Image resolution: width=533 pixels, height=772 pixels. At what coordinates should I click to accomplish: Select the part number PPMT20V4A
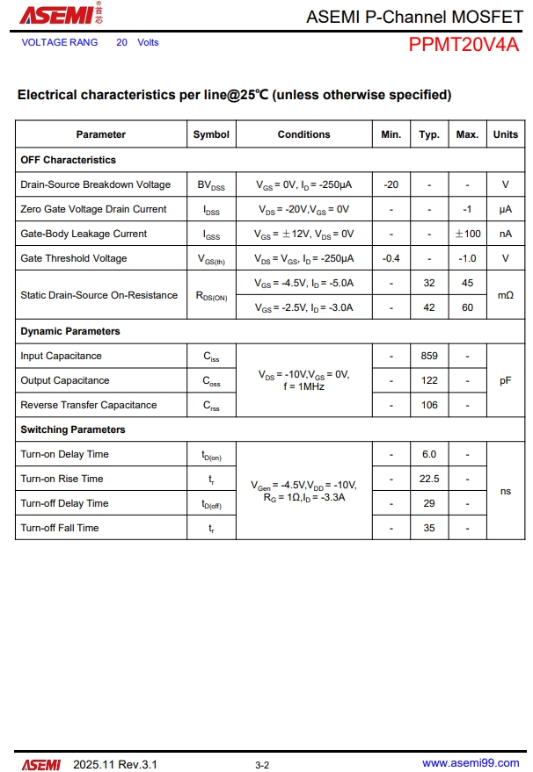click(463, 45)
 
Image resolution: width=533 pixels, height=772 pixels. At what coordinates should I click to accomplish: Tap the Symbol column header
click(211, 134)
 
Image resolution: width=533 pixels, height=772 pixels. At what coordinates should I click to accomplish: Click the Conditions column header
click(303, 134)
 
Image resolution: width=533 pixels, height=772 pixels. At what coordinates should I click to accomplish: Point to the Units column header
click(506, 134)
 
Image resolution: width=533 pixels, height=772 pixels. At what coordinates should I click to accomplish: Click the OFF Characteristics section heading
click(68, 160)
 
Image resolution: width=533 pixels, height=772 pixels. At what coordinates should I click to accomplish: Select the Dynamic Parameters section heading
click(70, 331)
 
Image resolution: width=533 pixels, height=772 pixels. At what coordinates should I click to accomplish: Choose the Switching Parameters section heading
click(73, 429)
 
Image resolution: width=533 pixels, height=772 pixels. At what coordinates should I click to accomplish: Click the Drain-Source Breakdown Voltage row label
click(95, 184)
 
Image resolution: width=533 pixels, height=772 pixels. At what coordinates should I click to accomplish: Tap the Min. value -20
click(391, 184)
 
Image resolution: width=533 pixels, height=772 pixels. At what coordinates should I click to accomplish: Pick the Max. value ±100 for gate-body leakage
click(467, 234)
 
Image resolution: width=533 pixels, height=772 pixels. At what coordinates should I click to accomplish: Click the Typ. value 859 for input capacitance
click(429, 356)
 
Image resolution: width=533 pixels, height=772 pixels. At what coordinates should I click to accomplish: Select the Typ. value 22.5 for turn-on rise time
click(429, 479)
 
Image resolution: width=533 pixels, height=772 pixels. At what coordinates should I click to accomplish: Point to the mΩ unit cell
click(506, 295)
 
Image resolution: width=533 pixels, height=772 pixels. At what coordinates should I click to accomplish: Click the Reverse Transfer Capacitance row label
click(88, 405)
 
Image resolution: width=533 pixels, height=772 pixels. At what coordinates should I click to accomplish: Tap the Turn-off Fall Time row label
click(60, 528)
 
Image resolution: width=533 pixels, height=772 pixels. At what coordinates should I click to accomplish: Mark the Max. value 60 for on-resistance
click(467, 307)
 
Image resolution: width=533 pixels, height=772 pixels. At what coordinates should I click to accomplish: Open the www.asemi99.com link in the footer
click(471, 764)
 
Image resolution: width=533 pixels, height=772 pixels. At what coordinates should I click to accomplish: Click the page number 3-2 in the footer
click(262, 765)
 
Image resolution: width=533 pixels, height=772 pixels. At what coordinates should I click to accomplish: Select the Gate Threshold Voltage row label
click(73, 258)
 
